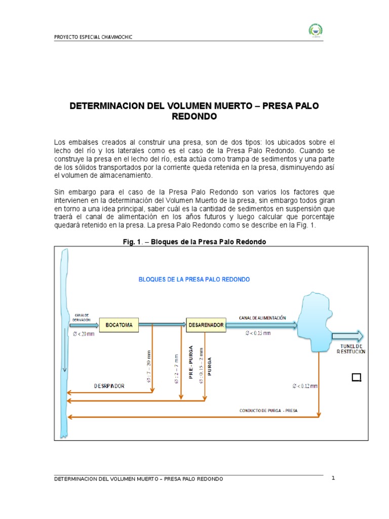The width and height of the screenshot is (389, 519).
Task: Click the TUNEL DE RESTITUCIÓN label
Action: [x=350, y=348]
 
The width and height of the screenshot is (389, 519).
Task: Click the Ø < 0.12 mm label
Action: [x=305, y=386]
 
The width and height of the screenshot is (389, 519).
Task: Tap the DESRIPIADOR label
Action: [x=109, y=386]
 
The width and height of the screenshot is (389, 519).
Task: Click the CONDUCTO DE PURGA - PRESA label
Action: [x=268, y=411]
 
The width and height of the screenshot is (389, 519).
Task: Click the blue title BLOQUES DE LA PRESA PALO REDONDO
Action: [x=194, y=279]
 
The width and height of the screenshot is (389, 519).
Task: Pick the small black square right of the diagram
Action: [x=356, y=377]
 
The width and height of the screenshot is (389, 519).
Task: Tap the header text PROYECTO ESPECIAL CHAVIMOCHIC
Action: [x=93, y=38]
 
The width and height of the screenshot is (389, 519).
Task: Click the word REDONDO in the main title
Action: [x=194, y=117]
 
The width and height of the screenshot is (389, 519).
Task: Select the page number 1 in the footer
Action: [x=333, y=478]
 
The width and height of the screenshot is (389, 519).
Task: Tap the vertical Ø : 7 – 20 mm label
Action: [x=148, y=366]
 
